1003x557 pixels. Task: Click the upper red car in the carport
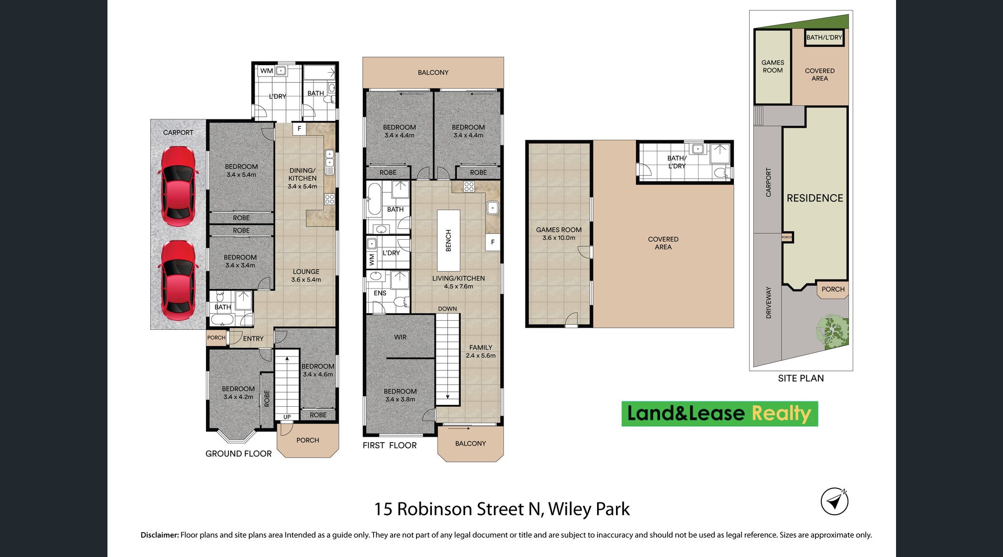coord(178,186)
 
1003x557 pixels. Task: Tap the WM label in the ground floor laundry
coord(267,71)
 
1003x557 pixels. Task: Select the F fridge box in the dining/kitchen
coord(300,128)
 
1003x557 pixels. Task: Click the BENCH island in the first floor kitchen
coord(448,240)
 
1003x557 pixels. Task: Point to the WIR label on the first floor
coord(401,337)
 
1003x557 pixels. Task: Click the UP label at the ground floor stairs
coord(287,417)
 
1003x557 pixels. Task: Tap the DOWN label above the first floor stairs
coord(447,309)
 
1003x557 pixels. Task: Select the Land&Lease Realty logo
coord(719,414)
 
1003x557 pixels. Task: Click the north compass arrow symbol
coord(834,501)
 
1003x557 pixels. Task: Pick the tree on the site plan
coord(832,331)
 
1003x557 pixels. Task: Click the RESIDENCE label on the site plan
coord(815,198)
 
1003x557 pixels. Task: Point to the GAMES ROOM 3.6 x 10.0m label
coord(559,234)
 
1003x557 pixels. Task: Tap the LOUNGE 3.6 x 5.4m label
coord(306,276)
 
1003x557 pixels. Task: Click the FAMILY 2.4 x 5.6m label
coord(481,352)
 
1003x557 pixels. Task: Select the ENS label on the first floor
coord(380,293)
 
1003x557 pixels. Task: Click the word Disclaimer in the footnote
coord(160,535)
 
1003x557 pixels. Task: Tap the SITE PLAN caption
coord(801,378)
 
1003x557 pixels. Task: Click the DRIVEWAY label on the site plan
coord(769,302)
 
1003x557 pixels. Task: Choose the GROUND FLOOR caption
coord(238,454)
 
